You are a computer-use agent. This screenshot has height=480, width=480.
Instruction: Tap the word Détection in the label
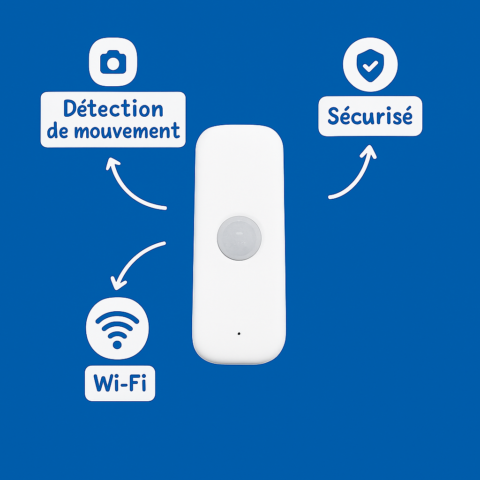(113, 109)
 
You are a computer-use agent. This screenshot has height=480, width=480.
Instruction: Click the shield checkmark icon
(370, 65)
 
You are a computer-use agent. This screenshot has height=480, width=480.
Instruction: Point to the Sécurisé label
(370, 116)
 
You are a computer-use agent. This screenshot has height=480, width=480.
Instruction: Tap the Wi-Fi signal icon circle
(117, 328)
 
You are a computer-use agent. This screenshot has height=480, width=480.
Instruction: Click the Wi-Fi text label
(120, 383)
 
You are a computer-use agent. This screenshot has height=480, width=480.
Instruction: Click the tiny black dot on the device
(239, 334)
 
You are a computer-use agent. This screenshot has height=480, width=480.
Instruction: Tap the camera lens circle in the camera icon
(113, 65)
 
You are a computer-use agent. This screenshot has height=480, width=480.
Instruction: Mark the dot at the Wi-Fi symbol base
(117, 345)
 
